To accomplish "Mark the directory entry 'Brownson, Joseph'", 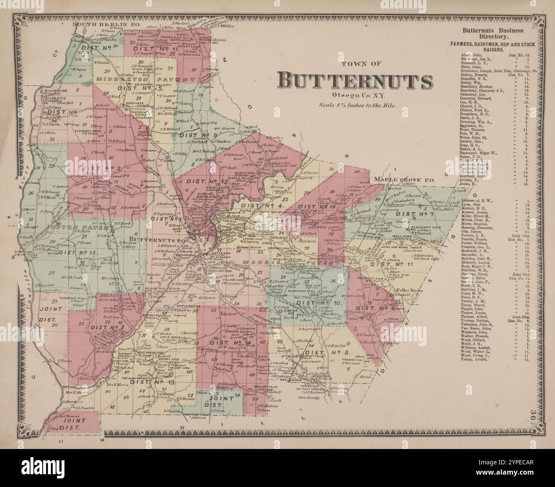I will pos(479,71).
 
